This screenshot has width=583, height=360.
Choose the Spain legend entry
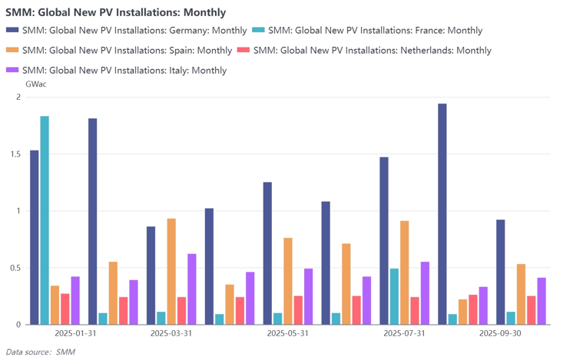tap(127, 51)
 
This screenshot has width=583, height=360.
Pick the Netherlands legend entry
tap(372, 51)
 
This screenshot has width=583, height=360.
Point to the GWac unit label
tap(36, 84)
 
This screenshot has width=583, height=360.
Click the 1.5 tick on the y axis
tap(15, 154)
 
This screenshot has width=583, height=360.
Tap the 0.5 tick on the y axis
tap(15, 268)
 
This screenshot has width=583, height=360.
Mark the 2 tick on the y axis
tap(18, 97)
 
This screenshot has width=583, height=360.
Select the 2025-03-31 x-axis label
tap(171, 334)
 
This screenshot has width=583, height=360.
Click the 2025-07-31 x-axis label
tap(404, 334)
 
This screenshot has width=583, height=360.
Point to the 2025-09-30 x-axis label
tap(500, 334)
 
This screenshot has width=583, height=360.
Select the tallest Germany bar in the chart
tap(442, 214)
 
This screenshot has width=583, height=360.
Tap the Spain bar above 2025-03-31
tap(171, 272)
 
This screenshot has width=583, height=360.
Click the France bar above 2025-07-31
tap(394, 296)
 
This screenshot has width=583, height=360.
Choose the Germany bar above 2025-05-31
tap(267, 253)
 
